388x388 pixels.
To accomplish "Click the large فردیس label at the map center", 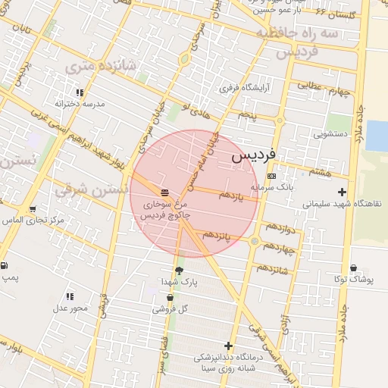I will coord(252,157).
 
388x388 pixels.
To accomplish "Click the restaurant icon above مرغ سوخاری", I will coord(165,190).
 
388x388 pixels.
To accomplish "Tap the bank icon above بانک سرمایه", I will coord(272,176).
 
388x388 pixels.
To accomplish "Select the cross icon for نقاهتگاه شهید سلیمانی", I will coord(343,192).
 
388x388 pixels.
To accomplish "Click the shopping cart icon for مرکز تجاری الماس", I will coord(33,208).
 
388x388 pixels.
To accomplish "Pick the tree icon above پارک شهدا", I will coord(179,270).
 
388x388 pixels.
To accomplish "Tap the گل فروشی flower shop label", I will coord(170,309).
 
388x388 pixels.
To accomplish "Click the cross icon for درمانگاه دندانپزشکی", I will coord(227,346).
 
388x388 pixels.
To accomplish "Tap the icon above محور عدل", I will coord(69,296).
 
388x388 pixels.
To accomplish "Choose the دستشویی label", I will coord(330,133).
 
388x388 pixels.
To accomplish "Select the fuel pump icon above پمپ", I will coord(5,266).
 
